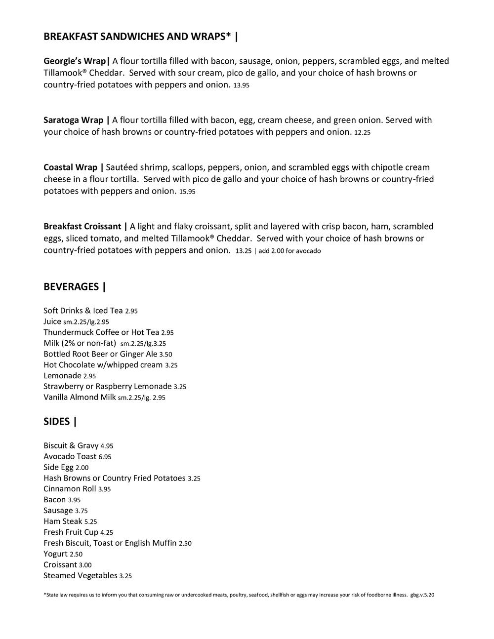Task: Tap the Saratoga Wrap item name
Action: click(74, 120)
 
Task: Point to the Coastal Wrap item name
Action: click(70, 167)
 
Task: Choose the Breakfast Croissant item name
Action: click(82, 227)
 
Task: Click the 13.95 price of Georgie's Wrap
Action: click(242, 85)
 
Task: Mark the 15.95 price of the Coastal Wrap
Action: click(187, 192)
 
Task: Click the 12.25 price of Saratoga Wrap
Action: click(362, 133)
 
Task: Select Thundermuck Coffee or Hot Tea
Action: click(101, 332)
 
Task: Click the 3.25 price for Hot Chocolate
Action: click(171, 365)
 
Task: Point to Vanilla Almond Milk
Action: click(80, 398)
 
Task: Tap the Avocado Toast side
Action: click(70, 457)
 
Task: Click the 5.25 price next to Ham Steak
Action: click(90, 522)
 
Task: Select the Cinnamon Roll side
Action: click(70, 489)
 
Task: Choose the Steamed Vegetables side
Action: click(80, 576)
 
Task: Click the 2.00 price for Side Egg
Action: click(82, 468)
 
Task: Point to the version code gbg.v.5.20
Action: click(422, 595)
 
